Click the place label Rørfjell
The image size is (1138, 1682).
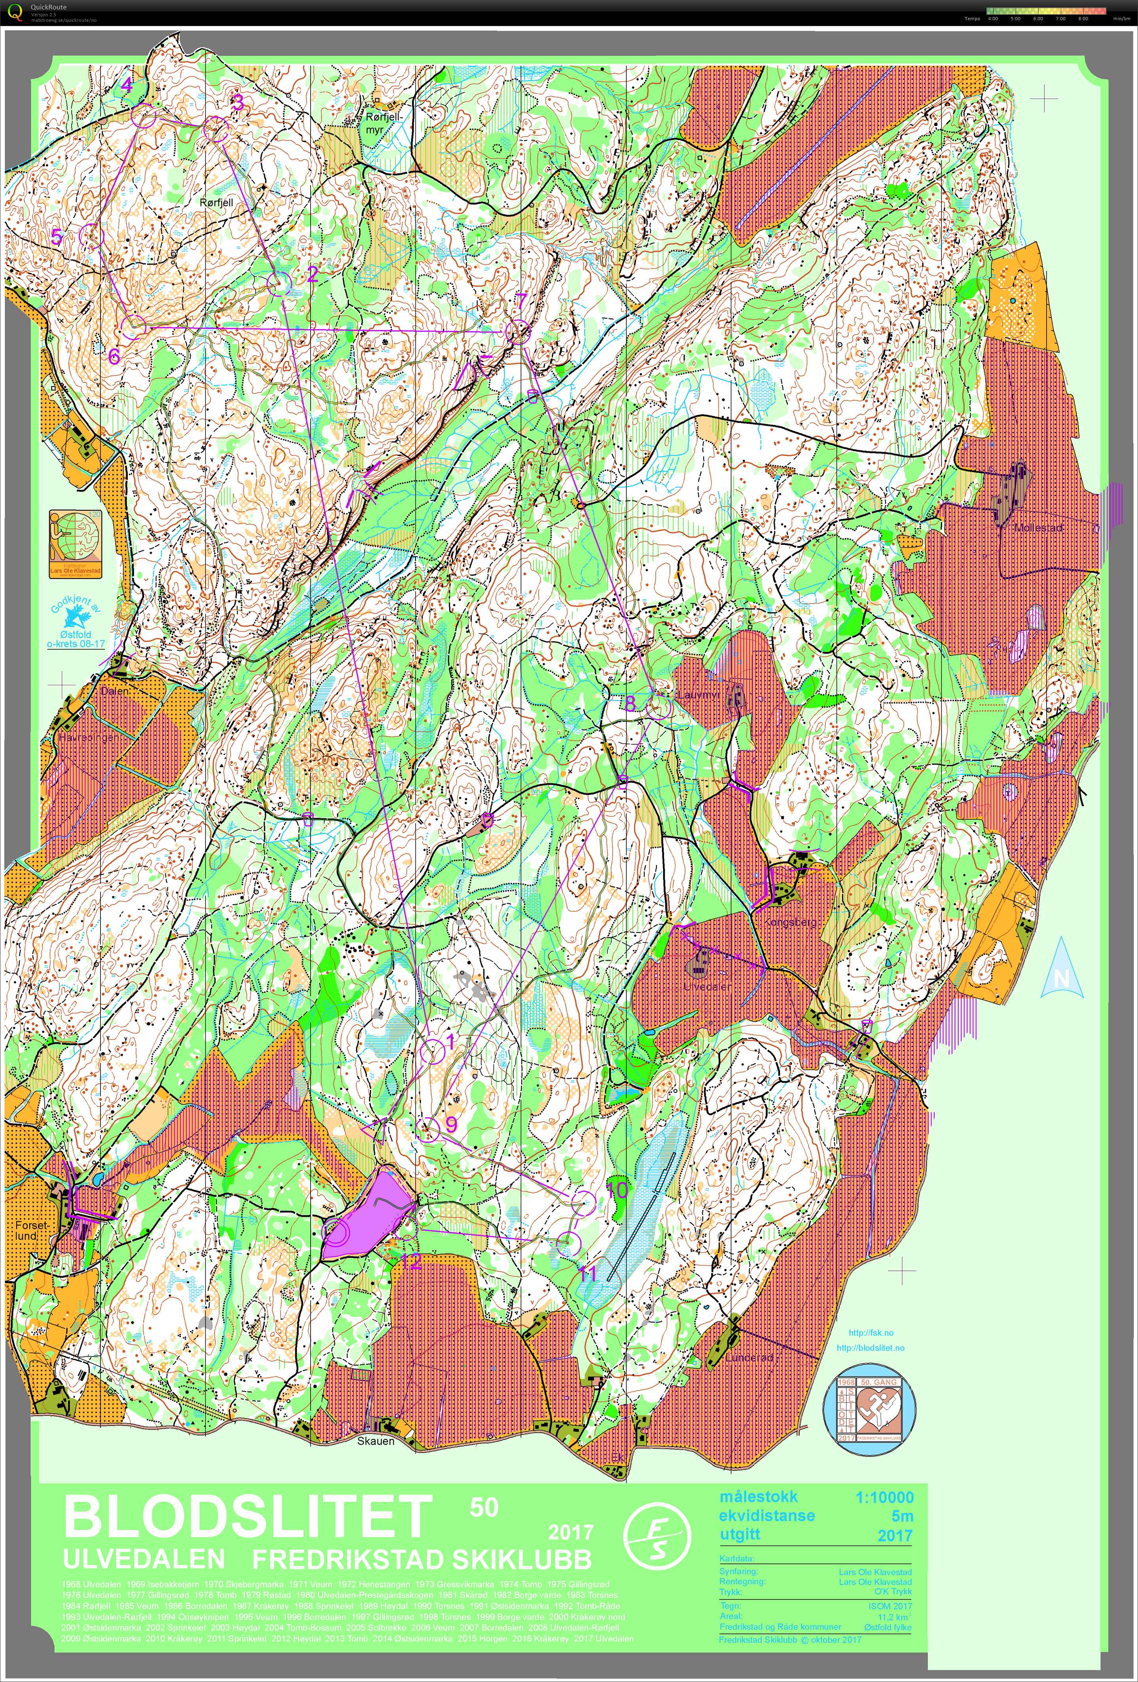pyautogui.click(x=216, y=203)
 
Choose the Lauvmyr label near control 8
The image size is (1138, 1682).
pyautogui.click(x=698, y=695)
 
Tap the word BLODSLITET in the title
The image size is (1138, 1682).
pyautogui.click(x=247, y=1515)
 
